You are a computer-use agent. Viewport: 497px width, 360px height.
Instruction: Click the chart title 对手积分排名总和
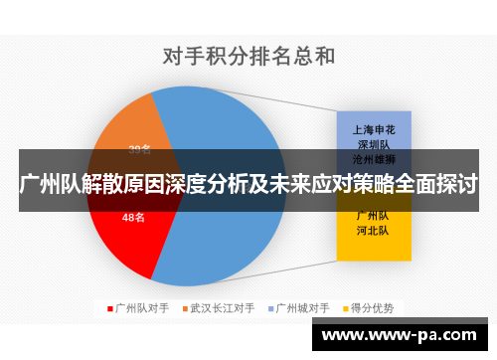[248, 57]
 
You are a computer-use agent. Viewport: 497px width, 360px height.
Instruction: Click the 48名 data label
[133, 217]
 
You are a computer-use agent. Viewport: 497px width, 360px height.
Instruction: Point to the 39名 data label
[139, 149]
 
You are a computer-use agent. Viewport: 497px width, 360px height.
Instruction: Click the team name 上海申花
[374, 129]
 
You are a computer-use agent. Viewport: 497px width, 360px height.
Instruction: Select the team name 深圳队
[374, 143]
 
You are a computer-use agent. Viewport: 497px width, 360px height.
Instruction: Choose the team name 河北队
[374, 230]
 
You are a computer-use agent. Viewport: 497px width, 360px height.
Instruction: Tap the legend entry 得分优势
[373, 307]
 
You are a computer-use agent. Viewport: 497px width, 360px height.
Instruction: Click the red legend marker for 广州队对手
[110, 307]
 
